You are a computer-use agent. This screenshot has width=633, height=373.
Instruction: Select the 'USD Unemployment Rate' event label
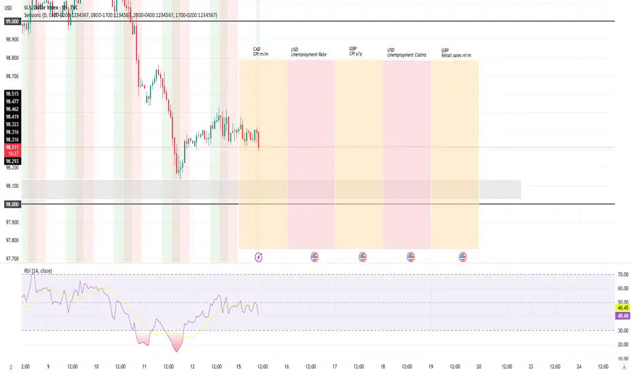[x=313, y=52]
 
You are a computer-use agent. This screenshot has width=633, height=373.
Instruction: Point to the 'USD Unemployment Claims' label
[x=406, y=52]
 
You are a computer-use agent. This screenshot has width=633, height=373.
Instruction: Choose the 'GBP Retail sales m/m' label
[x=456, y=52]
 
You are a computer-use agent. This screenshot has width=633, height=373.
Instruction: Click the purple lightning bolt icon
[x=259, y=257]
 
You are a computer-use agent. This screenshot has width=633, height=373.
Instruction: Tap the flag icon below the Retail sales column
[x=463, y=257]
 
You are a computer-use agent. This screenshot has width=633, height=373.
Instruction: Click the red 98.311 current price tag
[x=12, y=146]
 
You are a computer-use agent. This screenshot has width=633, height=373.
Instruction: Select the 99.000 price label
[x=12, y=22]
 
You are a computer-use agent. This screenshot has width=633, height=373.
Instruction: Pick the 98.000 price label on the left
[x=12, y=204]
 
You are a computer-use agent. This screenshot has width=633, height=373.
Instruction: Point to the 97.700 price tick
[x=12, y=258]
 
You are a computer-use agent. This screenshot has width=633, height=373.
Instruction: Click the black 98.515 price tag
[x=12, y=94]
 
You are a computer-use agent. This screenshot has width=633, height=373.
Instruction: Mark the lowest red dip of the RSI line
[x=177, y=351]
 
